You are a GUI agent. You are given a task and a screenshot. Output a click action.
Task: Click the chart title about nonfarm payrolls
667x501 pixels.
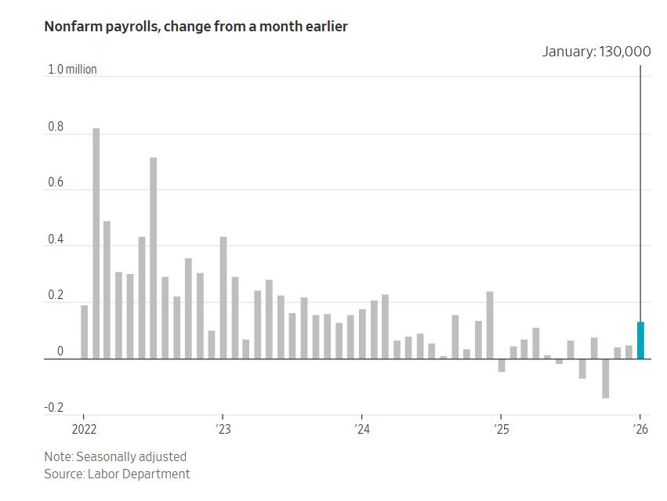point(196,27)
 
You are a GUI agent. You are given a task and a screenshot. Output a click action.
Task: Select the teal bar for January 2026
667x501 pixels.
point(640,340)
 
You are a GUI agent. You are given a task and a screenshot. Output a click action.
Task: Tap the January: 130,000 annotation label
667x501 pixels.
point(596,52)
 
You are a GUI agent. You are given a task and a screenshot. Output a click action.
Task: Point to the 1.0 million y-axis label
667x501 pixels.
point(72,70)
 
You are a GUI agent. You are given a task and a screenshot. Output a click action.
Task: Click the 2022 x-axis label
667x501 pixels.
point(83,429)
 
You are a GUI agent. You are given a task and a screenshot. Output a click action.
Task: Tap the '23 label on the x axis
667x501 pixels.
point(223,429)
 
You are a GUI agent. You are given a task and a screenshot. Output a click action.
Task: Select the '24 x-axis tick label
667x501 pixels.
point(361,429)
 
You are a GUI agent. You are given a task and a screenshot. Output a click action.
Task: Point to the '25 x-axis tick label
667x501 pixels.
point(501,429)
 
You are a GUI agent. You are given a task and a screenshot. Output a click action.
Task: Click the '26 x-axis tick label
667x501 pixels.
point(640,429)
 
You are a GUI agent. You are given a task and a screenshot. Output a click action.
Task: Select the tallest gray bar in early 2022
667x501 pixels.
point(96,243)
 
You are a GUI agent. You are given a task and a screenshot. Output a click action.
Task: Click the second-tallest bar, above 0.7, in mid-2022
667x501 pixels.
point(154,258)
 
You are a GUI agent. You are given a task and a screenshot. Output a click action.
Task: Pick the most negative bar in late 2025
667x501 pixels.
point(606,378)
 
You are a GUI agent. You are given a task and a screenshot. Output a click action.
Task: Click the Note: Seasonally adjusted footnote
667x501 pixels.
point(115,456)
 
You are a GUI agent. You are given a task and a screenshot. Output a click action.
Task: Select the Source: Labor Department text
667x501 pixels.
point(117,474)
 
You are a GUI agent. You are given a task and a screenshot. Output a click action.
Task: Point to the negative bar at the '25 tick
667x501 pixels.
point(502,365)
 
